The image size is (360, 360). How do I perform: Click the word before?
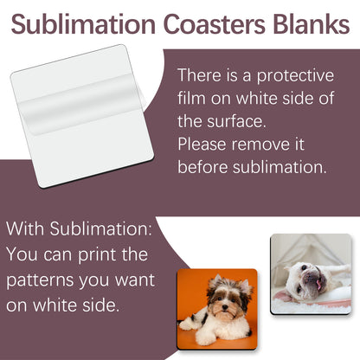pyautogui.click(x=207, y=166)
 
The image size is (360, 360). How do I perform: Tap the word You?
pyautogui.click(x=23, y=256)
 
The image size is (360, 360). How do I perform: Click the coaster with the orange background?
pyautogui.click(x=217, y=307)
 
